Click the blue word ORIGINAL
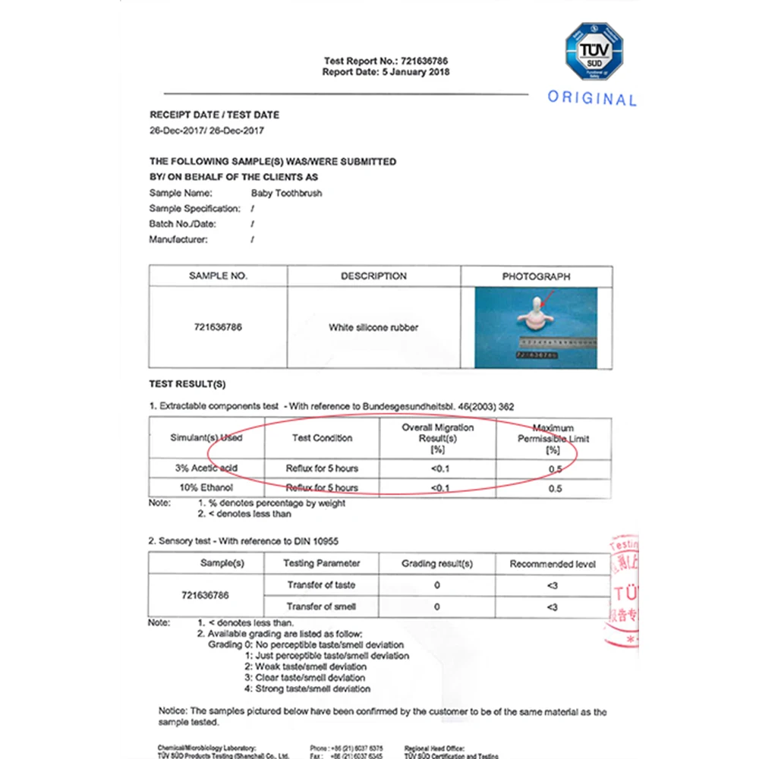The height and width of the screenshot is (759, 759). [x=592, y=99]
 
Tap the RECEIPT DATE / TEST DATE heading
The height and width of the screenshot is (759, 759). [x=214, y=115]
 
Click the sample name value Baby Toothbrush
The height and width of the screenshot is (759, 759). [x=286, y=194]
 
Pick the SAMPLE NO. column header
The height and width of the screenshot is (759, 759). [x=218, y=276]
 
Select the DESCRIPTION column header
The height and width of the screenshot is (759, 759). [x=373, y=276]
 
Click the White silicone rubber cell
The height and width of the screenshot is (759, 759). [x=373, y=328]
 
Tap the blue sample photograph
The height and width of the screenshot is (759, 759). [x=536, y=328]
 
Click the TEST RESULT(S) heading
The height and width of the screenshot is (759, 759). [x=187, y=384]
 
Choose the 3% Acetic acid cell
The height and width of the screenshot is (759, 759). [x=206, y=468]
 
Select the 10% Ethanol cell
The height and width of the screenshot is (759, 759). [x=206, y=487]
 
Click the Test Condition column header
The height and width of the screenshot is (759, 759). [x=322, y=438]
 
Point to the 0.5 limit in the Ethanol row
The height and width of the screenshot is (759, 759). [x=555, y=488]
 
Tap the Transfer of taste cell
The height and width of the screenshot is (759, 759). [x=321, y=585]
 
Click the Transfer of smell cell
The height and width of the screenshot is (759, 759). [x=321, y=606]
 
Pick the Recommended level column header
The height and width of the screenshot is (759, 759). [x=553, y=564]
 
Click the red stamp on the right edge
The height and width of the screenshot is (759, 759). [x=622, y=592]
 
